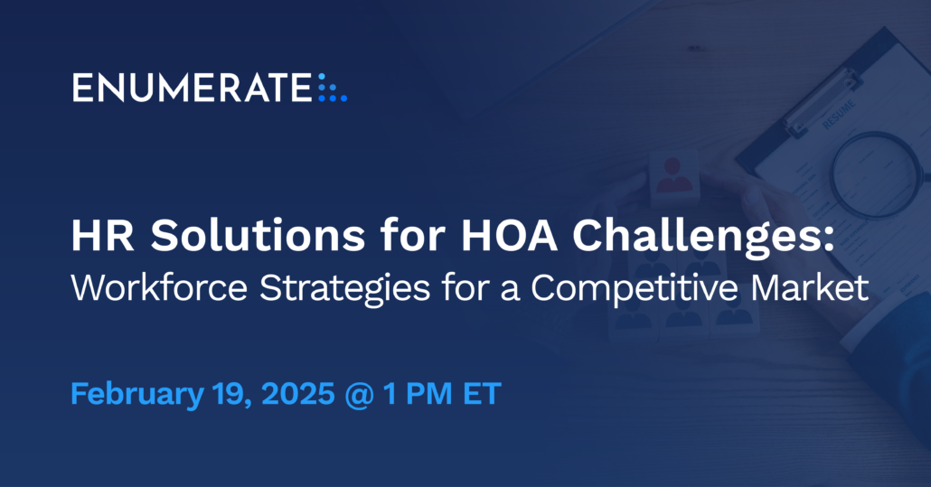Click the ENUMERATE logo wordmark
(192, 89)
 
